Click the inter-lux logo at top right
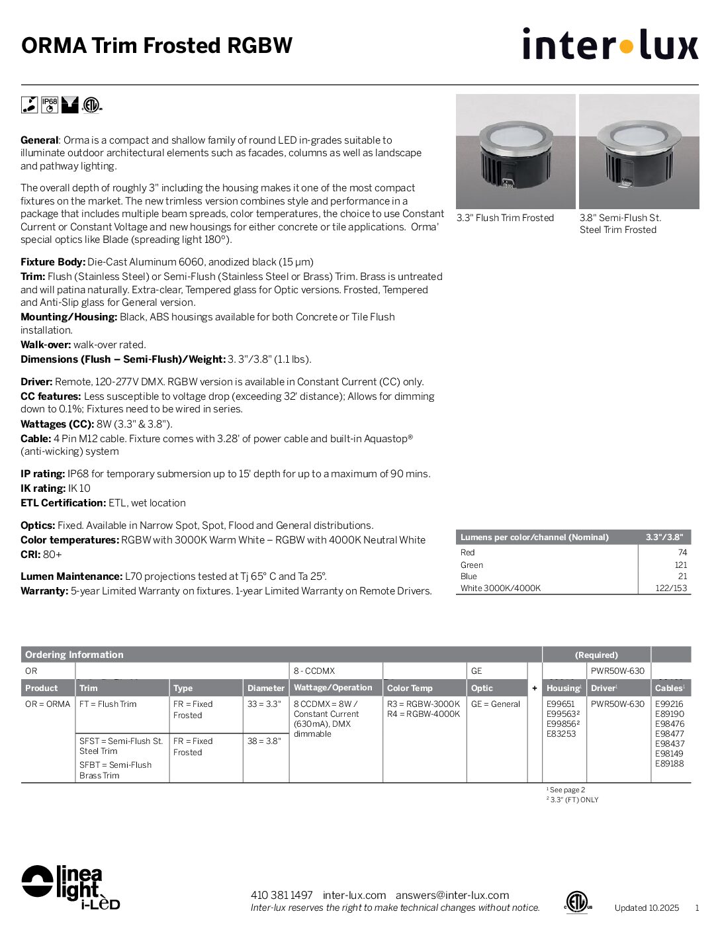pyautogui.click(x=609, y=44)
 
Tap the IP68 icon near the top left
pyautogui.click(x=50, y=105)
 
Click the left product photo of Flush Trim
pyautogui.click(x=516, y=152)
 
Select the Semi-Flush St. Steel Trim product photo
pyautogui.click(x=639, y=152)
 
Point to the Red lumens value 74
pyautogui.click(x=682, y=552)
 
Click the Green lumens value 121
pyautogui.click(x=681, y=565)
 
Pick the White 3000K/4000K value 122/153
pyautogui.click(x=671, y=588)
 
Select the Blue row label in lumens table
pyautogui.click(x=468, y=576)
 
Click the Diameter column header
pyautogui.click(x=265, y=688)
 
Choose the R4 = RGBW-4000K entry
pyautogui.click(x=423, y=714)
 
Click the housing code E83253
pyautogui.click(x=561, y=733)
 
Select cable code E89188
pyautogui.click(x=669, y=763)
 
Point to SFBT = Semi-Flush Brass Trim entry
pyautogui.click(x=116, y=770)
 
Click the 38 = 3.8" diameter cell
pyautogui.click(x=264, y=741)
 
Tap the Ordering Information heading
pyautogui.click(x=74, y=655)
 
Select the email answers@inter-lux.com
pyautogui.click(x=452, y=895)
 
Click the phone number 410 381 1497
pyautogui.click(x=281, y=895)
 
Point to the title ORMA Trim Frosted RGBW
pyautogui.click(x=157, y=46)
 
